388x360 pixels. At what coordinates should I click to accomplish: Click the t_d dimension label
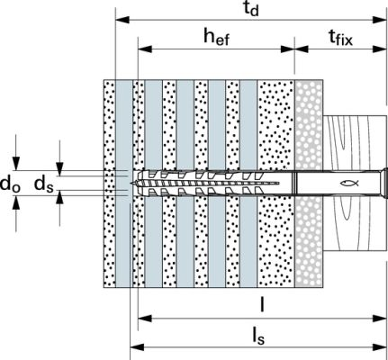pyautogui.click(x=251, y=9)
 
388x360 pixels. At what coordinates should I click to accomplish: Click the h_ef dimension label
pyautogui.click(x=216, y=38)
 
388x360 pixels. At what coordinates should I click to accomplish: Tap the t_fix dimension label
pyautogui.click(x=340, y=38)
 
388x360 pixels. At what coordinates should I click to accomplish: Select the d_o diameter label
pyautogui.click(x=10, y=184)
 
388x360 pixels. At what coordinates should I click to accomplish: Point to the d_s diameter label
pyautogui.click(x=44, y=184)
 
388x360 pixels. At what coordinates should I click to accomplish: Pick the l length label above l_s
pyautogui.click(x=262, y=306)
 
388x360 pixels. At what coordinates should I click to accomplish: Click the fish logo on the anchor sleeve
pyautogui.click(x=349, y=183)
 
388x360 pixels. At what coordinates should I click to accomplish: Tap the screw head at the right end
pyautogui.click(x=383, y=183)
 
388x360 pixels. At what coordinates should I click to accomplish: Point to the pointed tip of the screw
pyautogui.click(x=131, y=183)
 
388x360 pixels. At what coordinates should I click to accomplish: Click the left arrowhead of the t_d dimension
pyautogui.click(x=122, y=20)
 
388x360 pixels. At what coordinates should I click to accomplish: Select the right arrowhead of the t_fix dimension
pyautogui.click(x=379, y=49)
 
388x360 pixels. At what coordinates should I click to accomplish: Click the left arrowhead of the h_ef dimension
pyautogui.click(x=145, y=49)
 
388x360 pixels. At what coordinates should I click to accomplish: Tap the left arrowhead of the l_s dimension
pyautogui.click(x=137, y=347)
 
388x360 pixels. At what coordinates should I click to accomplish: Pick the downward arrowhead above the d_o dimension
pyautogui.click(x=16, y=163)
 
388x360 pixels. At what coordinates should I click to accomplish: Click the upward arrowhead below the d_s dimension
pyautogui.click(x=60, y=197)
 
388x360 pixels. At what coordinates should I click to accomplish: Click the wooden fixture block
pyautogui.click(x=354, y=183)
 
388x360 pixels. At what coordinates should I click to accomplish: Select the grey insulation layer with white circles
pyautogui.click(x=309, y=184)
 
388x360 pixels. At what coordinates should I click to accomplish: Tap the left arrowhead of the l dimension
pyautogui.click(x=145, y=319)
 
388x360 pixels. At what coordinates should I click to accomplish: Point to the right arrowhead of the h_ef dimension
pyautogui.click(x=287, y=49)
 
